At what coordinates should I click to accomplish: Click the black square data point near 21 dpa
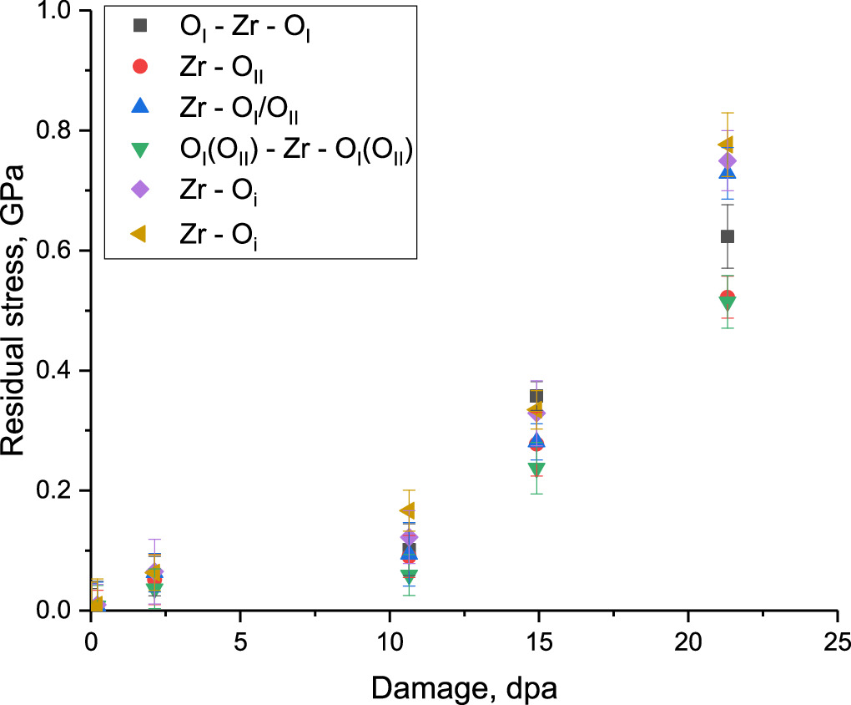(x=727, y=236)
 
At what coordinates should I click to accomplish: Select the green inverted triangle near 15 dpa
(x=536, y=469)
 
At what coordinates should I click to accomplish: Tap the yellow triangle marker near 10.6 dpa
(x=407, y=510)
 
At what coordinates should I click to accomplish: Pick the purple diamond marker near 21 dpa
(x=728, y=161)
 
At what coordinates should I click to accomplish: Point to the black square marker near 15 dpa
(x=536, y=396)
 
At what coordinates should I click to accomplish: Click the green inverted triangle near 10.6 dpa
(x=408, y=576)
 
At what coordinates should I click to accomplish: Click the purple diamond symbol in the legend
(x=140, y=190)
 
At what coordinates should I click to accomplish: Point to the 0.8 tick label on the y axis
(x=58, y=131)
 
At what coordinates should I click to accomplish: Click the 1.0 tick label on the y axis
(x=58, y=12)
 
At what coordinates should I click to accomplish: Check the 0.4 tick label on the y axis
(x=58, y=371)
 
